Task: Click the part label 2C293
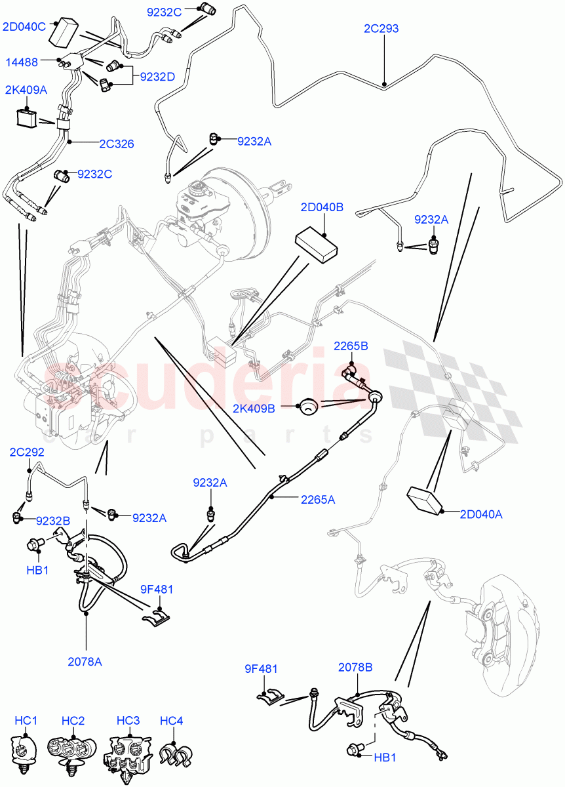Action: click(x=381, y=29)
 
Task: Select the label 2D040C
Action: click(x=24, y=27)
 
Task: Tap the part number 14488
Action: click(x=22, y=62)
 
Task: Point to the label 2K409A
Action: click(x=26, y=91)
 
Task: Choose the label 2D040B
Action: click(x=322, y=208)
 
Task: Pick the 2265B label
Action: click(x=351, y=346)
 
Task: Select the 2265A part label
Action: click(x=318, y=499)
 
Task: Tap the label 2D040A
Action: click(x=480, y=514)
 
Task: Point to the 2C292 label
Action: click(x=27, y=452)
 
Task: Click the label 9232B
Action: click(x=53, y=521)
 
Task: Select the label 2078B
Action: click(x=355, y=668)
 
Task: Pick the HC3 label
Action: click(x=128, y=721)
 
